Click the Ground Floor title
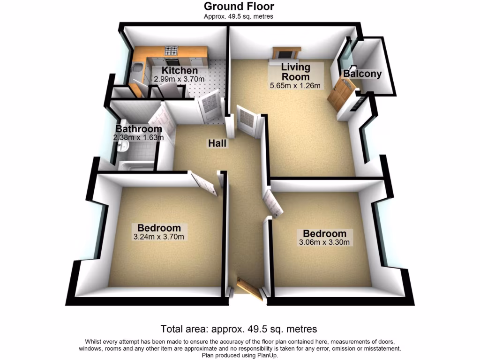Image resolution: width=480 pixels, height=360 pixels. (239, 6)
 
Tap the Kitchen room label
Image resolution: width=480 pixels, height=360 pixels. (173, 71)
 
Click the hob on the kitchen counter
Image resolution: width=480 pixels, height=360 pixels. (170, 50)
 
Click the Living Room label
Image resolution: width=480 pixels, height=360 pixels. (295, 72)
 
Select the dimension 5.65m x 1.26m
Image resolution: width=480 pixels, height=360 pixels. (295, 85)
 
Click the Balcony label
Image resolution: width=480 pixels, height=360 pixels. (362, 74)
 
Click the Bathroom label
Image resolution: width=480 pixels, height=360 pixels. (139, 129)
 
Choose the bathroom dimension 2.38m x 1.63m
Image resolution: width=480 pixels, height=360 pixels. (138, 137)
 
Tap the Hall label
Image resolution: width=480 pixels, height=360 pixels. (218, 144)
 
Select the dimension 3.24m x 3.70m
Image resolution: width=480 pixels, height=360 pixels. (158, 237)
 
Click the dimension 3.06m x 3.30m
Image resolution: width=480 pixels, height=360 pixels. (324, 242)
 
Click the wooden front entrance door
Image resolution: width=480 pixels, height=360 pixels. (249, 289)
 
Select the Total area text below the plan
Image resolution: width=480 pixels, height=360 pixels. (239, 329)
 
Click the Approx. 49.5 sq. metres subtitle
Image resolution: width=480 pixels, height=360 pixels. (239, 16)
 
